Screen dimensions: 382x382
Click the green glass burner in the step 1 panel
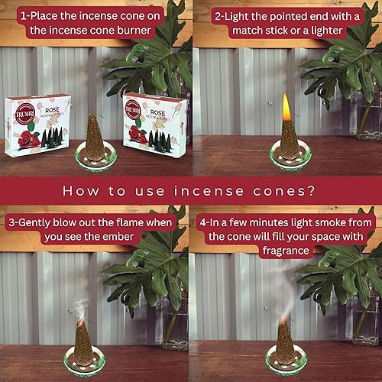tap(93, 157)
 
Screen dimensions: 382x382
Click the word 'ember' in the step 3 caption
tap(128, 238)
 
